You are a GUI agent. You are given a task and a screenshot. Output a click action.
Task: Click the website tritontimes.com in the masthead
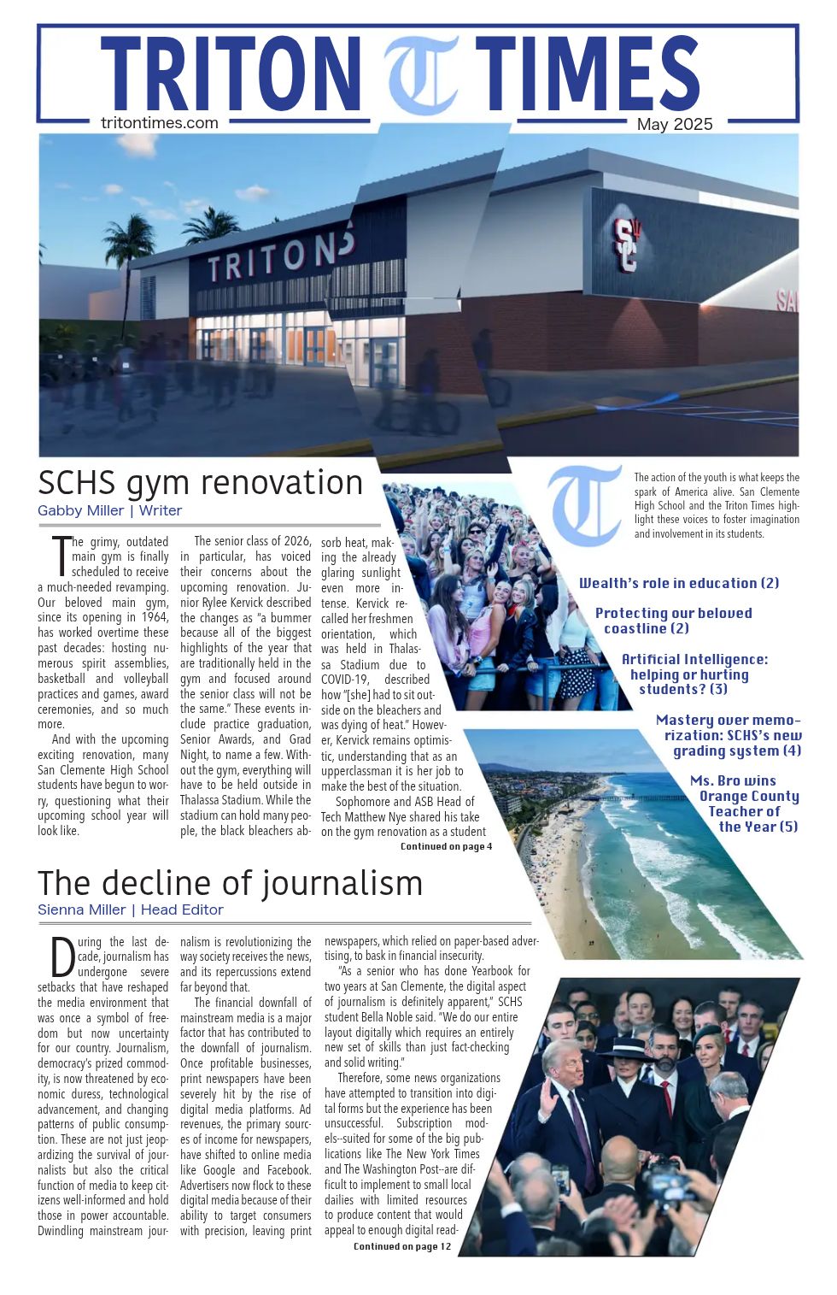pos(159,122)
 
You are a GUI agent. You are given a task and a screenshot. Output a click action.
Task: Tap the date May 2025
pos(674,124)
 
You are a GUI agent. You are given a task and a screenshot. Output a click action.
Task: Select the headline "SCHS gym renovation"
pos(201,483)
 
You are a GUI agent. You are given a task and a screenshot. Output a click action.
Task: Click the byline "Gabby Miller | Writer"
pos(109,510)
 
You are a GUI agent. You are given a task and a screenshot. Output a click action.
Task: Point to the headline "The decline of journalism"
pos(230,883)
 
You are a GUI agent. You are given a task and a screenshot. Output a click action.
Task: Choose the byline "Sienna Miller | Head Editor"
pos(130,909)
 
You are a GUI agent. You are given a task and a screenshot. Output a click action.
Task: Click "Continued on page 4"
pos(446,846)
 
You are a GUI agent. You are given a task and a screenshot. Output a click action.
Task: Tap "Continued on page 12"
pos(401,1246)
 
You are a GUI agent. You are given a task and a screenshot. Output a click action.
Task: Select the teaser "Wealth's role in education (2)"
pos(679,583)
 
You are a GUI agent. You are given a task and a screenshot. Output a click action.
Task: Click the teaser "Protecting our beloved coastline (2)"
pos(673,621)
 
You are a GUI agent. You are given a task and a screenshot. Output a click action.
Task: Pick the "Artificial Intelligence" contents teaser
pos(694,674)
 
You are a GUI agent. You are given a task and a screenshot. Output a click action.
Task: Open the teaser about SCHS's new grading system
pos(729,735)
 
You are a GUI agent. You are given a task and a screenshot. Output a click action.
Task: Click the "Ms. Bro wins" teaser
pos(745,803)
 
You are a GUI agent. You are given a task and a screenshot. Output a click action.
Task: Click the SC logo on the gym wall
pos(626,244)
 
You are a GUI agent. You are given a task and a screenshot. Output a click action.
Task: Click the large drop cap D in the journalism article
pos(63,957)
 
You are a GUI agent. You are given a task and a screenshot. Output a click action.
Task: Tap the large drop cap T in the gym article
pos(60,555)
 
